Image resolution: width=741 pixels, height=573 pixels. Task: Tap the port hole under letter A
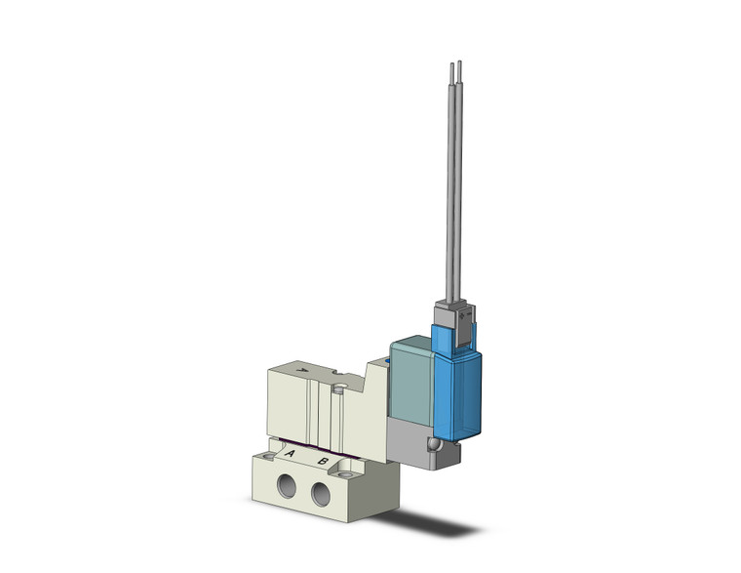288,485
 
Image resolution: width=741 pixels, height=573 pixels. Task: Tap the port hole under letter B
321,495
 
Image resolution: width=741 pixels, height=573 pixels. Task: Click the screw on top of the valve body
337,389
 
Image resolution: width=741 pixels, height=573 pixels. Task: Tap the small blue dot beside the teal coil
386,363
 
